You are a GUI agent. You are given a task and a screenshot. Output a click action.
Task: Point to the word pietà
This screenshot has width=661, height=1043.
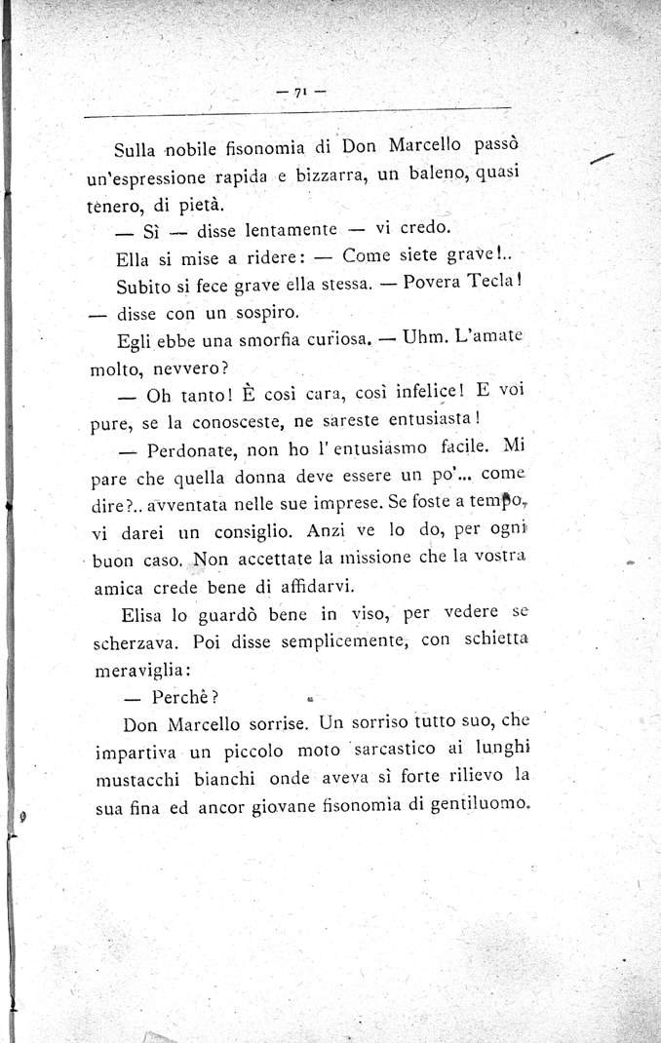[198, 205]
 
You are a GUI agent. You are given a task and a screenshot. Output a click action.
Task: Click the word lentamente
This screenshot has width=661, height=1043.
[265, 232]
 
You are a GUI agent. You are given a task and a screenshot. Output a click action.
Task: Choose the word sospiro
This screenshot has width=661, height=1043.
[262, 314]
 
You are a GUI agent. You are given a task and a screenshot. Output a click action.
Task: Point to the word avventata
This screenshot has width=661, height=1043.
[186, 507]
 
